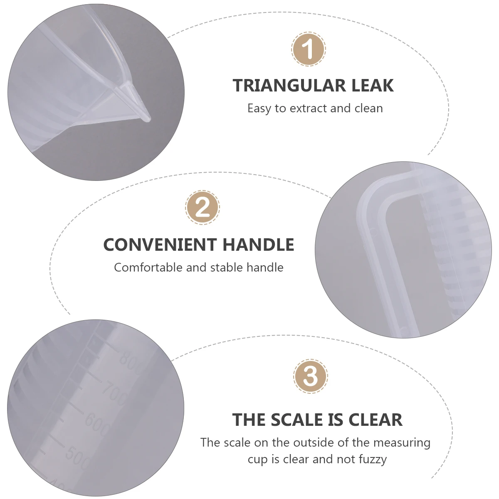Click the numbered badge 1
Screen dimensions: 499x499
click(308, 49)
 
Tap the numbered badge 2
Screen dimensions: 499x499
click(203, 207)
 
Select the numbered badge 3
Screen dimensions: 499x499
click(311, 376)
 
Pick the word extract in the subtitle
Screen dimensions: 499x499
click(308, 109)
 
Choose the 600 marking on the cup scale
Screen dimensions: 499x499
click(97, 423)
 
